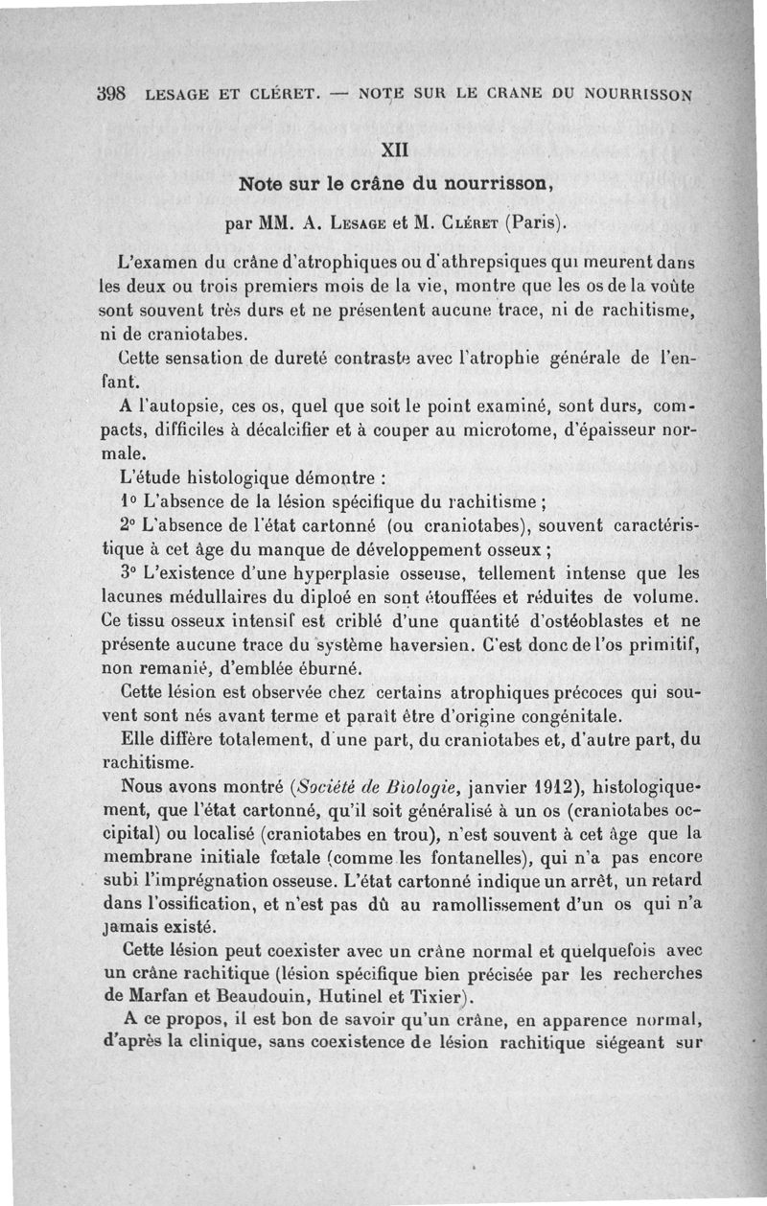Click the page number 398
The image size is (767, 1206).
(x=112, y=95)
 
